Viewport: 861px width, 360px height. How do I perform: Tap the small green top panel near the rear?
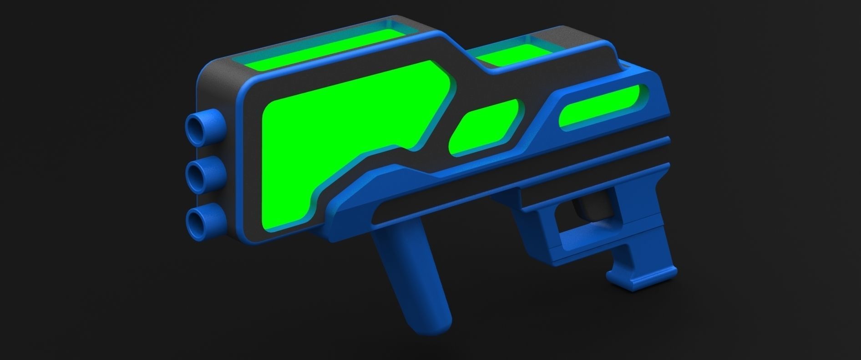coord(505,55)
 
